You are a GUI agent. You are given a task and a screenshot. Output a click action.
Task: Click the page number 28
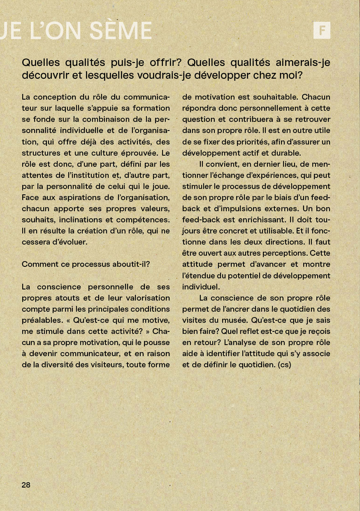coord(26,485)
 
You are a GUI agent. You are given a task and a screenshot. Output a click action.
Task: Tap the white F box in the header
coord(322,30)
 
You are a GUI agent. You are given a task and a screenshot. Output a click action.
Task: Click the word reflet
coord(251,331)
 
